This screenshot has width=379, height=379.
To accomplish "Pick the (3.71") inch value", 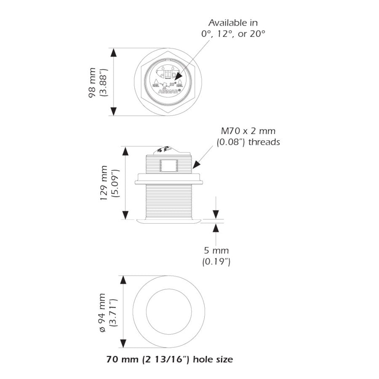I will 113,312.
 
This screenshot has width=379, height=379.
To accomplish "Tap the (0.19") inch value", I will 216,262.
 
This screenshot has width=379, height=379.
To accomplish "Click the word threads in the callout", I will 264,142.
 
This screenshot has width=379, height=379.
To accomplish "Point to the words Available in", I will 233,23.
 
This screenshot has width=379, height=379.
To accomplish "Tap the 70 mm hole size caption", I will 169,360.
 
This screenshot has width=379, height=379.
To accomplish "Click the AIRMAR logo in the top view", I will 168,90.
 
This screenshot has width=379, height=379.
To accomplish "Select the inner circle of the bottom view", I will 168,312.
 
